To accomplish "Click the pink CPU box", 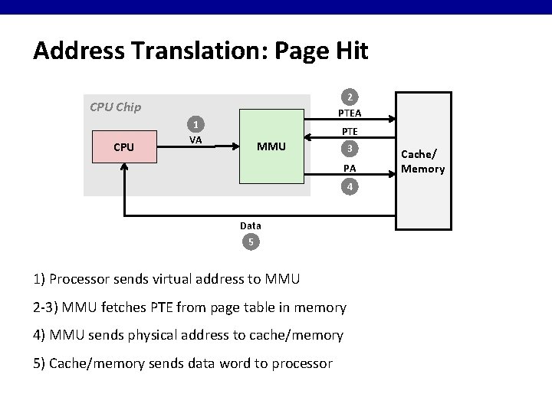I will click(x=124, y=146).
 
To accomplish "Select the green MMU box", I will click(x=272, y=146).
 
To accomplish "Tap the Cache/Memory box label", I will click(x=422, y=163).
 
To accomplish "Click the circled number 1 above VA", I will click(x=196, y=124).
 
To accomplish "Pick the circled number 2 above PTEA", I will click(x=350, y=97).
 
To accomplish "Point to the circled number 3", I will click(x=350, y=148).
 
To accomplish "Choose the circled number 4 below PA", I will click(x=350, y=186).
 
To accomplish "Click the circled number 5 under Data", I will click(x=250, y=243).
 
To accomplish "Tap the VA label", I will click(x=195, y=140).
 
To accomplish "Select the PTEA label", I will click(x=350, y=113).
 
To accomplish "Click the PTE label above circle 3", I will click(x=350, y=132).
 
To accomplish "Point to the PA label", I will click(x=350, y=168).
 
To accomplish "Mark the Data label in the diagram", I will click(x=250, y=226).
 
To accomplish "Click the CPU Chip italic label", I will click(x=115, y=107).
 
